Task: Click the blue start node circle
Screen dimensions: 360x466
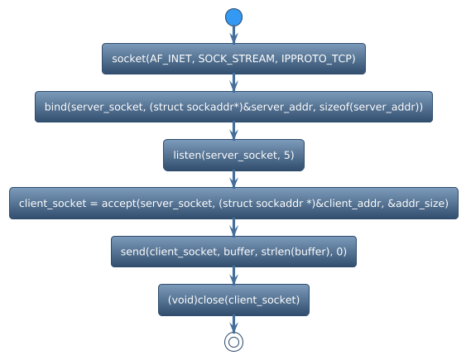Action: click(x=233, y=17)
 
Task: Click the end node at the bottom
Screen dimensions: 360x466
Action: click(x=233, y=341)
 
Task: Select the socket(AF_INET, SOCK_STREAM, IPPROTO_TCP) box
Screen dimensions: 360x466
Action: click(x=233, y=59)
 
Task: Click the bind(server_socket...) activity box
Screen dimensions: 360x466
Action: click(x=233, y=107)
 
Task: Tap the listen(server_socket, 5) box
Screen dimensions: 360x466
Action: click(x=233, y=155)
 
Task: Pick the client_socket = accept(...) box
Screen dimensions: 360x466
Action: click(x=233, y=203)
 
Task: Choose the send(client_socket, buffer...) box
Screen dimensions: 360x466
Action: click(x=233, y=252)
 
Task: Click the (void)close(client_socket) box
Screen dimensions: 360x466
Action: click(x=233, y=300)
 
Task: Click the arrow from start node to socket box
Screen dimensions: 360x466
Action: click(x=233, y=35)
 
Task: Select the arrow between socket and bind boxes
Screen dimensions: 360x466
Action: click(x=233, y=83)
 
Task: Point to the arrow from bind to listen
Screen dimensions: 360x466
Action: click(x=233, y=131)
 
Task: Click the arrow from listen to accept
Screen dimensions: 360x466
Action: click(x=233, y=179)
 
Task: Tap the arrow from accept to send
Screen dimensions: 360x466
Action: click(x=233, y=228)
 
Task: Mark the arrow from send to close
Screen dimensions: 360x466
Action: click(x=233, y=276)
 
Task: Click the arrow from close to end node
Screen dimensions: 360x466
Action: click(x=233, y=323)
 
